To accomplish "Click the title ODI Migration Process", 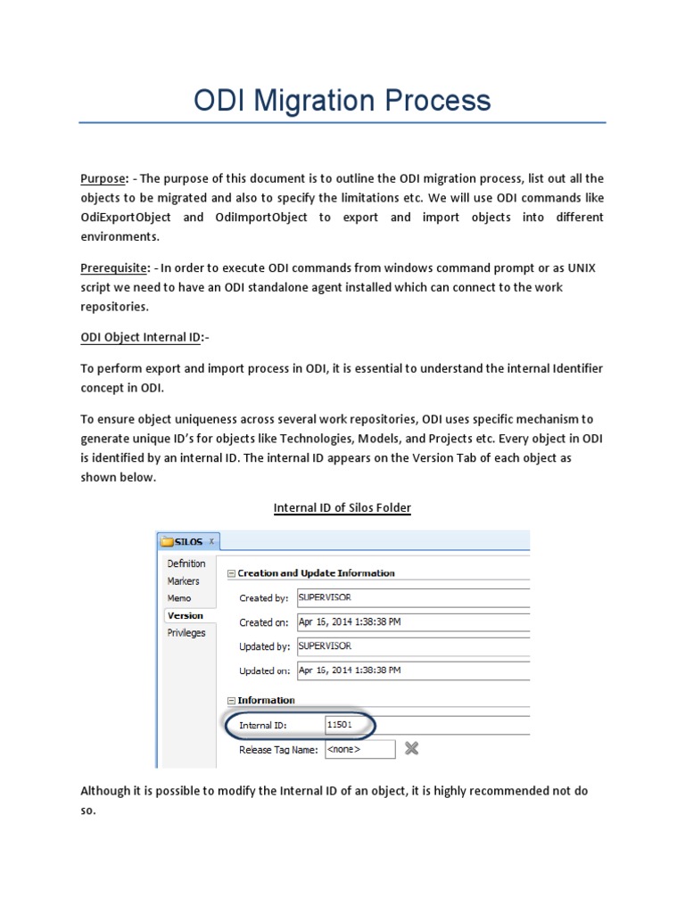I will tap(342, 100).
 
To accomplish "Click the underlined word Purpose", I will tap(102, 178).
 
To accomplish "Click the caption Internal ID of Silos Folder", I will tap(342, 507).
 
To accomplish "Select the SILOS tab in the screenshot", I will tap(188, 541).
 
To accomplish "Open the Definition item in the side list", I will tap(186, 563).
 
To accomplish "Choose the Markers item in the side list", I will tap(184, 581).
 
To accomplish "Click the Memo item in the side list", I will tap(179, 598).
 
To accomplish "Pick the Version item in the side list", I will tap(186, 615).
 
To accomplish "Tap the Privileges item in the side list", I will tap(186, 633).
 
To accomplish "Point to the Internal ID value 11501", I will tap(339, 725).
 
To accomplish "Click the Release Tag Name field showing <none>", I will tap(359, 750).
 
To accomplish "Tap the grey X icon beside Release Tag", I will tap(411, 749).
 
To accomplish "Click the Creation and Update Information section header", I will tap(316, 573).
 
